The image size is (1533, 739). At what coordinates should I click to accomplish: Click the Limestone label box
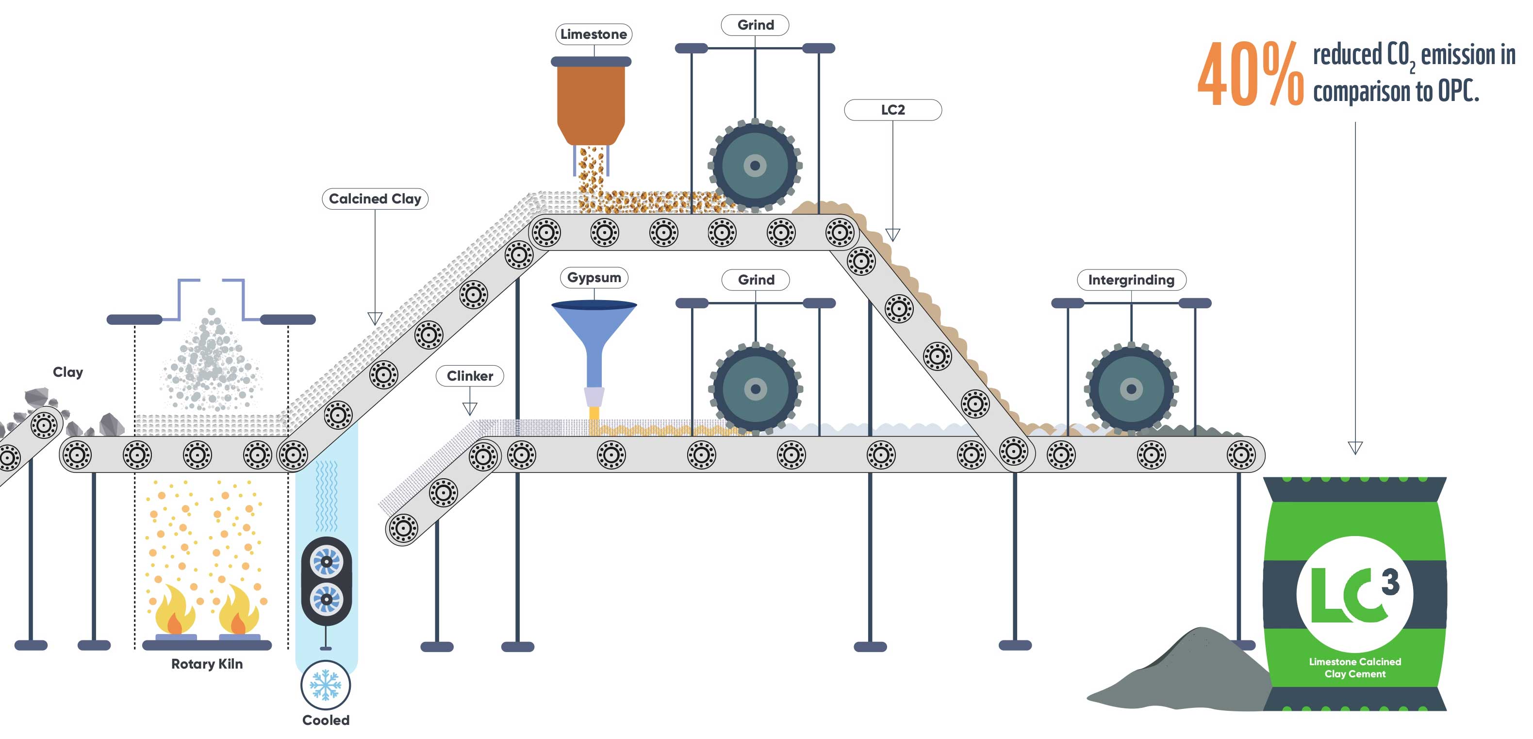pyautogui.click(x=593, y=34)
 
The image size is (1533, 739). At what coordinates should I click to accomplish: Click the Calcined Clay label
pyautogui.click(x=375, y=199)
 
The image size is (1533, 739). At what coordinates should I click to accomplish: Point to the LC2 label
pyautogui.click(x=892, y=110)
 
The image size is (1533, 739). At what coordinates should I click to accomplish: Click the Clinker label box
pyautogui.click(x=470, y=376)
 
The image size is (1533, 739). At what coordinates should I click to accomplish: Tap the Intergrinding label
pyautogui.click(x=1131, y=280)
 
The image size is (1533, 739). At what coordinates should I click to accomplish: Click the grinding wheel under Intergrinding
pyautogui.click(x=1131, y=389)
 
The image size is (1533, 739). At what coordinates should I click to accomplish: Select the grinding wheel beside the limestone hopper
pyautogui.click(x=755, y=166)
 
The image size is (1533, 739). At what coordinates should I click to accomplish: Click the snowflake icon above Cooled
pyautogui.click(x=326, y=685)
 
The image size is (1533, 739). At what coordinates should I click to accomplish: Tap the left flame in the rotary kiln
pyautogui.click(x=174, y=610)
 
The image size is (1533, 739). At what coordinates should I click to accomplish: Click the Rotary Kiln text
pyautogui.click(x=207, y=664)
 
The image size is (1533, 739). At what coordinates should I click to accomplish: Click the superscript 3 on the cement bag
pyautogui.click(x=1390, y=582)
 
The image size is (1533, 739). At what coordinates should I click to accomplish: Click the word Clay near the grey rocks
pyautogui.click(x=68, y=372)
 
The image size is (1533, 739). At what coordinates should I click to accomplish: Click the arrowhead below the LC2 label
pyautogui.click(x=892, y=235)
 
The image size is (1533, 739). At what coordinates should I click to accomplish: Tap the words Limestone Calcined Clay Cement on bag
pyautogui.click(x=1354, y=668)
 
